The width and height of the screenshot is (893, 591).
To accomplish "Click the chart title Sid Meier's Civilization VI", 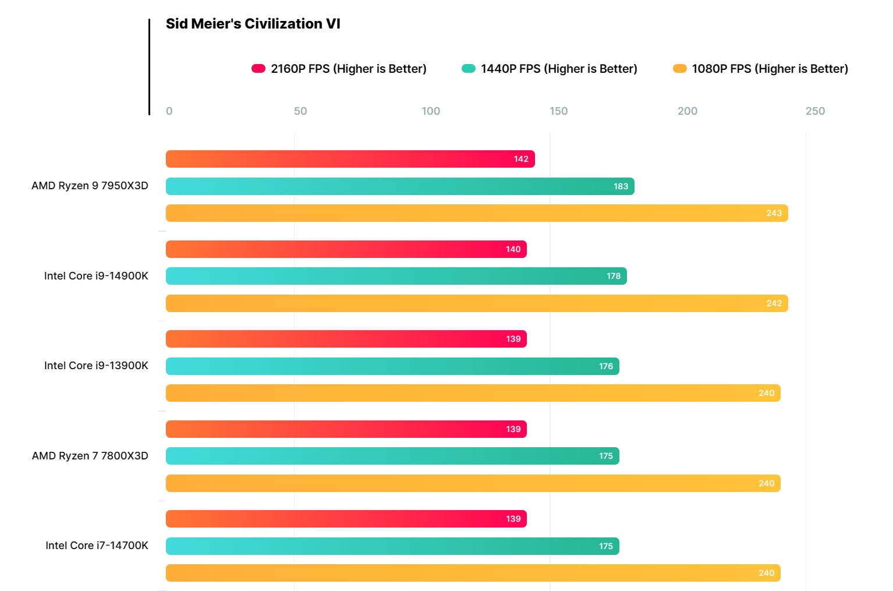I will [x=253, y=24].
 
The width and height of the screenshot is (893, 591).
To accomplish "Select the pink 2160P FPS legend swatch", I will [x=258, y=69].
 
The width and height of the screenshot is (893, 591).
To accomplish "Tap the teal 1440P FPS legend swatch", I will [x=469, y=69].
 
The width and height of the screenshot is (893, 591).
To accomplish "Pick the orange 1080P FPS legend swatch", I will [x=679, y=69].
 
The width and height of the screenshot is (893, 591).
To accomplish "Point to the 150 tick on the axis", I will [x=558, y=111].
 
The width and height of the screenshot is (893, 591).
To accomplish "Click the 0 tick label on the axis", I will [x=169, y=111].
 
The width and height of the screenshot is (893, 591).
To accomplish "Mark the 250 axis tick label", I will [x=815, y=111].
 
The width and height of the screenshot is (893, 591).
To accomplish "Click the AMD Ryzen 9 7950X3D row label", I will [x=90, y=186].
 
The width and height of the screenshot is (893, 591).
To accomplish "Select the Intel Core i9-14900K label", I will [x=96, y=276].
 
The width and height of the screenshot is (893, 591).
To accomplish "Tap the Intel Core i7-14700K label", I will [x=97, y=546].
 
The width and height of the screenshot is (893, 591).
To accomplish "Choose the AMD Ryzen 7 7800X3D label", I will [x=90, y=456].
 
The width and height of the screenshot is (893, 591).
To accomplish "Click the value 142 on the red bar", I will [x=521, y=159].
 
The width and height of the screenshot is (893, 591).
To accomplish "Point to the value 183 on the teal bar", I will [x=621, y=186].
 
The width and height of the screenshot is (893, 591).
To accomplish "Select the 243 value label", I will [x=774, y=213].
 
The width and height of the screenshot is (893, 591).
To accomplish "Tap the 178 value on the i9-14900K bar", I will [x=614, y=276].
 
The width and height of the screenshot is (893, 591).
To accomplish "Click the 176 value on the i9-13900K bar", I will [x=606, y=366].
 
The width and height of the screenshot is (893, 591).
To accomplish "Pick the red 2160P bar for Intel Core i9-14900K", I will [x=346, y=249].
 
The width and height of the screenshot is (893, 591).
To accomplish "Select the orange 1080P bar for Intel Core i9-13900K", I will [x=473, y=393].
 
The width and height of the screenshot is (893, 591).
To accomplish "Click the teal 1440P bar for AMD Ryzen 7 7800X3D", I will [x=392, y=456].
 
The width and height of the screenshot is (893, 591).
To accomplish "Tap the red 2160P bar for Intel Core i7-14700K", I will [x=346, y=519].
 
